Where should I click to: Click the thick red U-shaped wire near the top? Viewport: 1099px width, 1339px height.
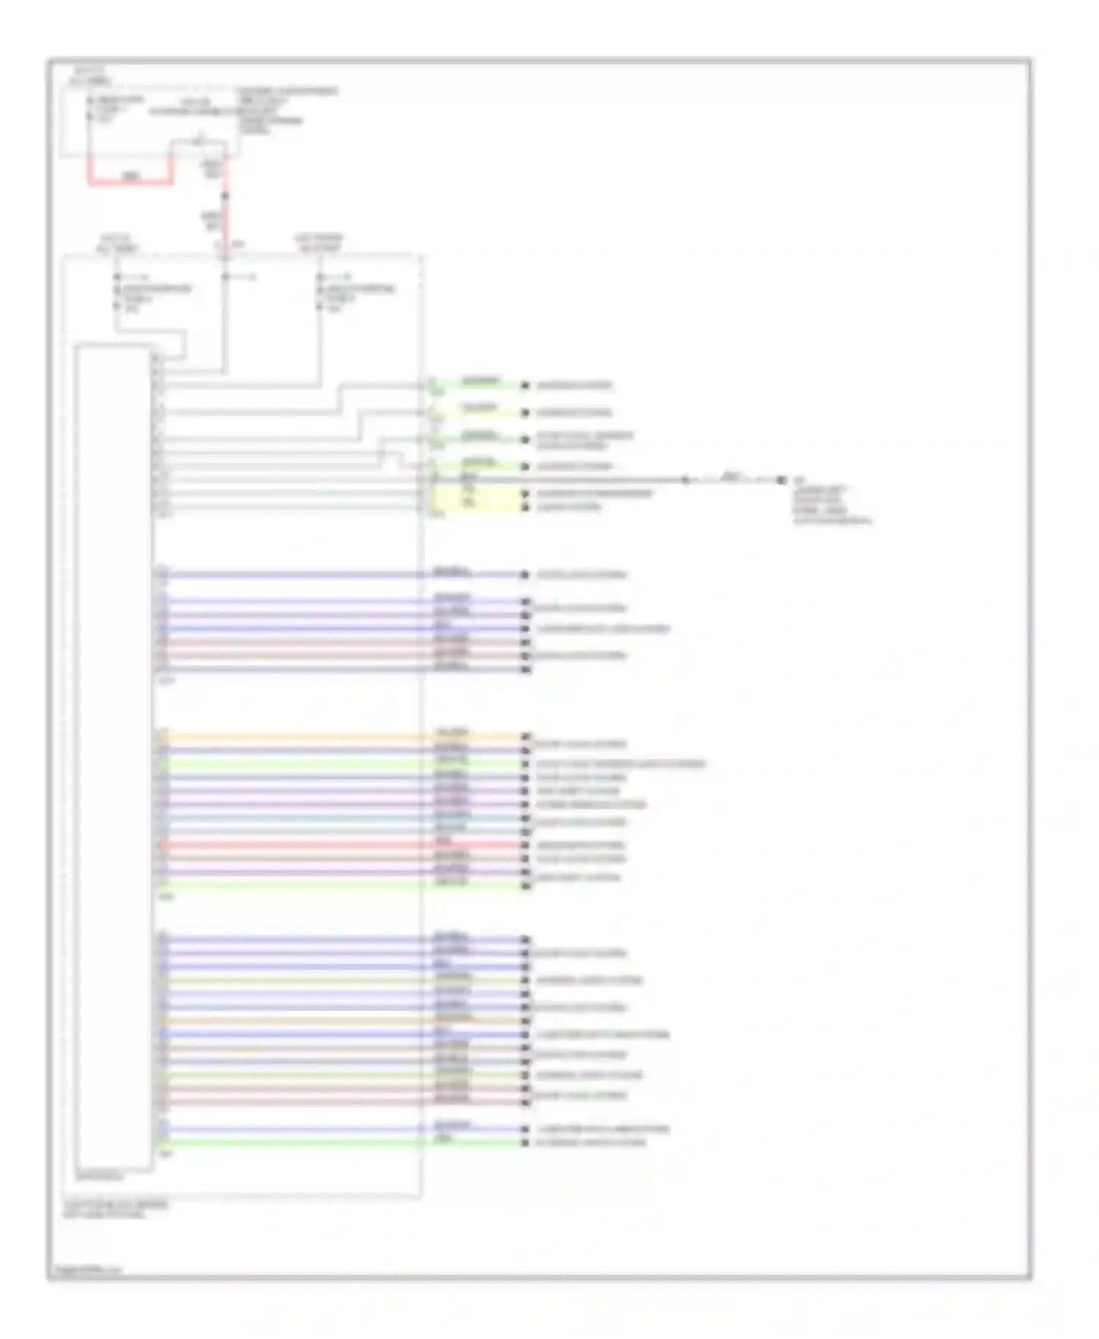130,182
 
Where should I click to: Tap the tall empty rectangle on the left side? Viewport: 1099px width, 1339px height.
113,758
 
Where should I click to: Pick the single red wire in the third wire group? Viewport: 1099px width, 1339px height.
337,845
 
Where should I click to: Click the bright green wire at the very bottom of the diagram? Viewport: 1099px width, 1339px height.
337,1143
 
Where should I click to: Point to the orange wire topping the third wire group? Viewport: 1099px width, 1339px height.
337,736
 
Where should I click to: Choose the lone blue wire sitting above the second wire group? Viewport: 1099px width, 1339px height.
337,575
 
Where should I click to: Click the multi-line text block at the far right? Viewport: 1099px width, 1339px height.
832,505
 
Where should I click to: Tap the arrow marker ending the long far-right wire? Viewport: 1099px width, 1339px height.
781,480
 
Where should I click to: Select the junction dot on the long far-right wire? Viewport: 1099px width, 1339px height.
685,480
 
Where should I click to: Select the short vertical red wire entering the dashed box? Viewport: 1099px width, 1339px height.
226,220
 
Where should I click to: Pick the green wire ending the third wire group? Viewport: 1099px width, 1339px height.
337,886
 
